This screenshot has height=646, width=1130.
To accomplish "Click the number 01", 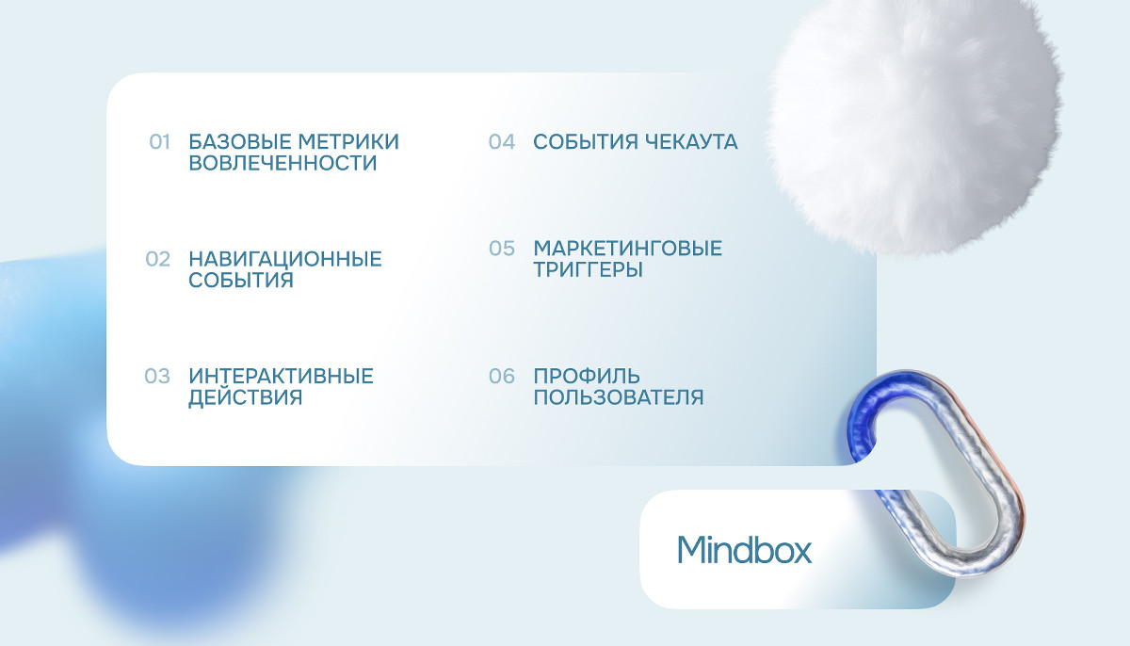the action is [x=159, y=142].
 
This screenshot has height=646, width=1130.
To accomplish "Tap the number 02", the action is [x=158, y=259].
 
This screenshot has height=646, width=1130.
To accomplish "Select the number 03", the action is [x=157, y=376].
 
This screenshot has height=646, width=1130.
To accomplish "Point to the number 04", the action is [x=501, y=142].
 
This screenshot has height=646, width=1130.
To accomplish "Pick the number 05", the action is [x=501, y=249].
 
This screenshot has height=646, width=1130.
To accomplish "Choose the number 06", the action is [x=501, y=376].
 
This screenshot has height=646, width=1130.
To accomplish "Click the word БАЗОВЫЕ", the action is [x=239, y=141].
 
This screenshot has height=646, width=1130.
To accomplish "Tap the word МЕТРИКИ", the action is [x=348, y=141].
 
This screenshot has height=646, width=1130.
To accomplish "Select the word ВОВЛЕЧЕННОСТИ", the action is [x=282, y=163].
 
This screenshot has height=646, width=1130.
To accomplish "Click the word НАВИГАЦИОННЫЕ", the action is [x=285, y=259].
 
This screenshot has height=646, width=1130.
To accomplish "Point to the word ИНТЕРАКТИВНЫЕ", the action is [x=281, y=376].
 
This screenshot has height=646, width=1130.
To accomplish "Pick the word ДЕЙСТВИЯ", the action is [x=245, y=397].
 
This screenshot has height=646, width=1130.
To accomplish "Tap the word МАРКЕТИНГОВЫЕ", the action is [x=628, y=248].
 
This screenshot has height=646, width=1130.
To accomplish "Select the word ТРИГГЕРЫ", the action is [x=589, y=269].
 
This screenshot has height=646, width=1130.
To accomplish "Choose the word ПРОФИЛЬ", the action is [x=587, y=376].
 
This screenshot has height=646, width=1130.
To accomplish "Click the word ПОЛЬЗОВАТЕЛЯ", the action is [x=619, y=397].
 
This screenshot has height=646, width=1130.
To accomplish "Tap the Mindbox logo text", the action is [x=745, y=549].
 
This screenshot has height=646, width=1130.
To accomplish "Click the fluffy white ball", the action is [x=914, y=123].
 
